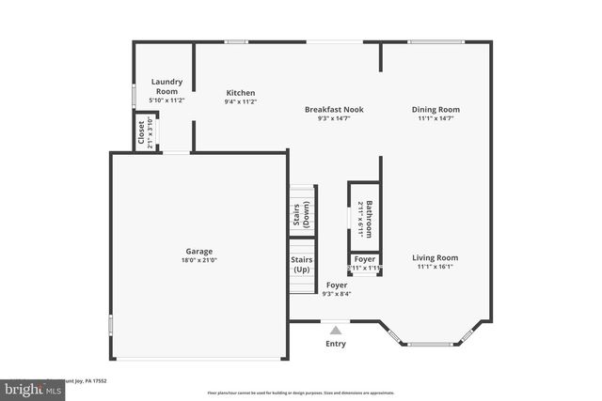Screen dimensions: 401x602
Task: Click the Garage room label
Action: [198, 252]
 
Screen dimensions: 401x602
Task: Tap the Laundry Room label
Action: [166, 86]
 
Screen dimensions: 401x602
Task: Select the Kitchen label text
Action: [241, 92]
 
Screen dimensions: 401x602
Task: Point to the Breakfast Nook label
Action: [334, 109]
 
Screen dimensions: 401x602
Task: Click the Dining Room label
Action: [436, 109]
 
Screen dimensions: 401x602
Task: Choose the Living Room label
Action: [436, 257]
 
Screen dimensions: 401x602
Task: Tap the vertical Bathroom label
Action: [370, 219]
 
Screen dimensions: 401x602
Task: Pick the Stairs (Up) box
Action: [301, 265]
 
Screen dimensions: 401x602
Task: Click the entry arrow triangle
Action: [336, 330]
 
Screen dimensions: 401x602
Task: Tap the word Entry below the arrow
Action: [336, 344]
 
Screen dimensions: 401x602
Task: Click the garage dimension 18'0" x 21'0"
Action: [198, 261]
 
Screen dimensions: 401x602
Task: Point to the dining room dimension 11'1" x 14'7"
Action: [436, 119]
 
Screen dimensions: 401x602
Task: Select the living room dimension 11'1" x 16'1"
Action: [436, 267]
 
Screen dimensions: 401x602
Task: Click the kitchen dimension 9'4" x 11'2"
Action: [241, 101]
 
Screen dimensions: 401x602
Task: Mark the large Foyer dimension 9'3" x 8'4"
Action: [336, 294]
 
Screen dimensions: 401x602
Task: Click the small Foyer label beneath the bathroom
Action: [365, 259]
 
